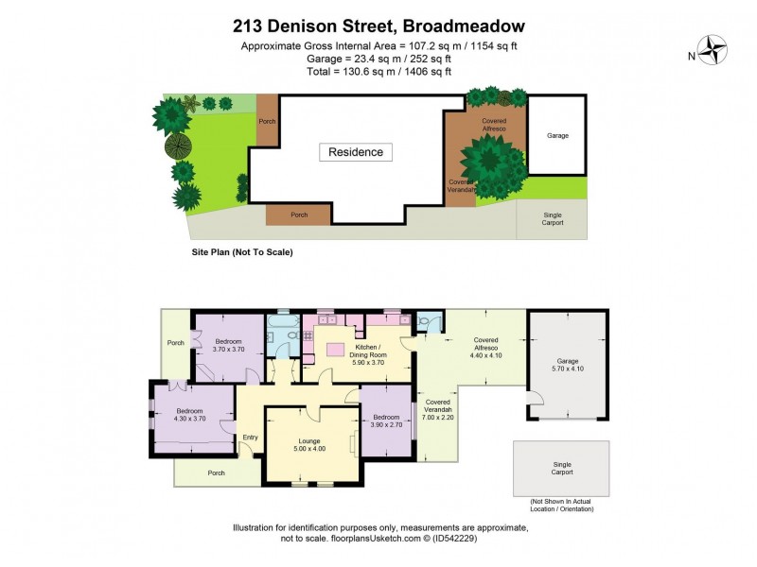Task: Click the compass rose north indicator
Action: click(x=713, y=48)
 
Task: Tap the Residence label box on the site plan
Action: click(x=356, y=152)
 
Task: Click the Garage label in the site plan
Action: click(x=557, y=136)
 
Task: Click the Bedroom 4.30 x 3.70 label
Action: click(x=190, y=414)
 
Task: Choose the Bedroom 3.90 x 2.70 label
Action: click(x=385, y=421)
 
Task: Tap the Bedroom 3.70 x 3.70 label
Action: click(x=229, y=345)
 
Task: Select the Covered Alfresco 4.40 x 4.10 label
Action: click(x=484, y=350)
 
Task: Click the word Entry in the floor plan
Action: click(x=250, y=437)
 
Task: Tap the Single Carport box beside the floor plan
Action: click(x=562, y=468)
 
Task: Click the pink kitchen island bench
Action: click(x=334, y=350)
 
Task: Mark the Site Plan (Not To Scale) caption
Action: click(x=241, y=253)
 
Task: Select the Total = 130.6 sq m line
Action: click(x=378, y=71)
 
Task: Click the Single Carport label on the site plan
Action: click(x=553, y=218)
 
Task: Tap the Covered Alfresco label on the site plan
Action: click(x=493, y=125)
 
